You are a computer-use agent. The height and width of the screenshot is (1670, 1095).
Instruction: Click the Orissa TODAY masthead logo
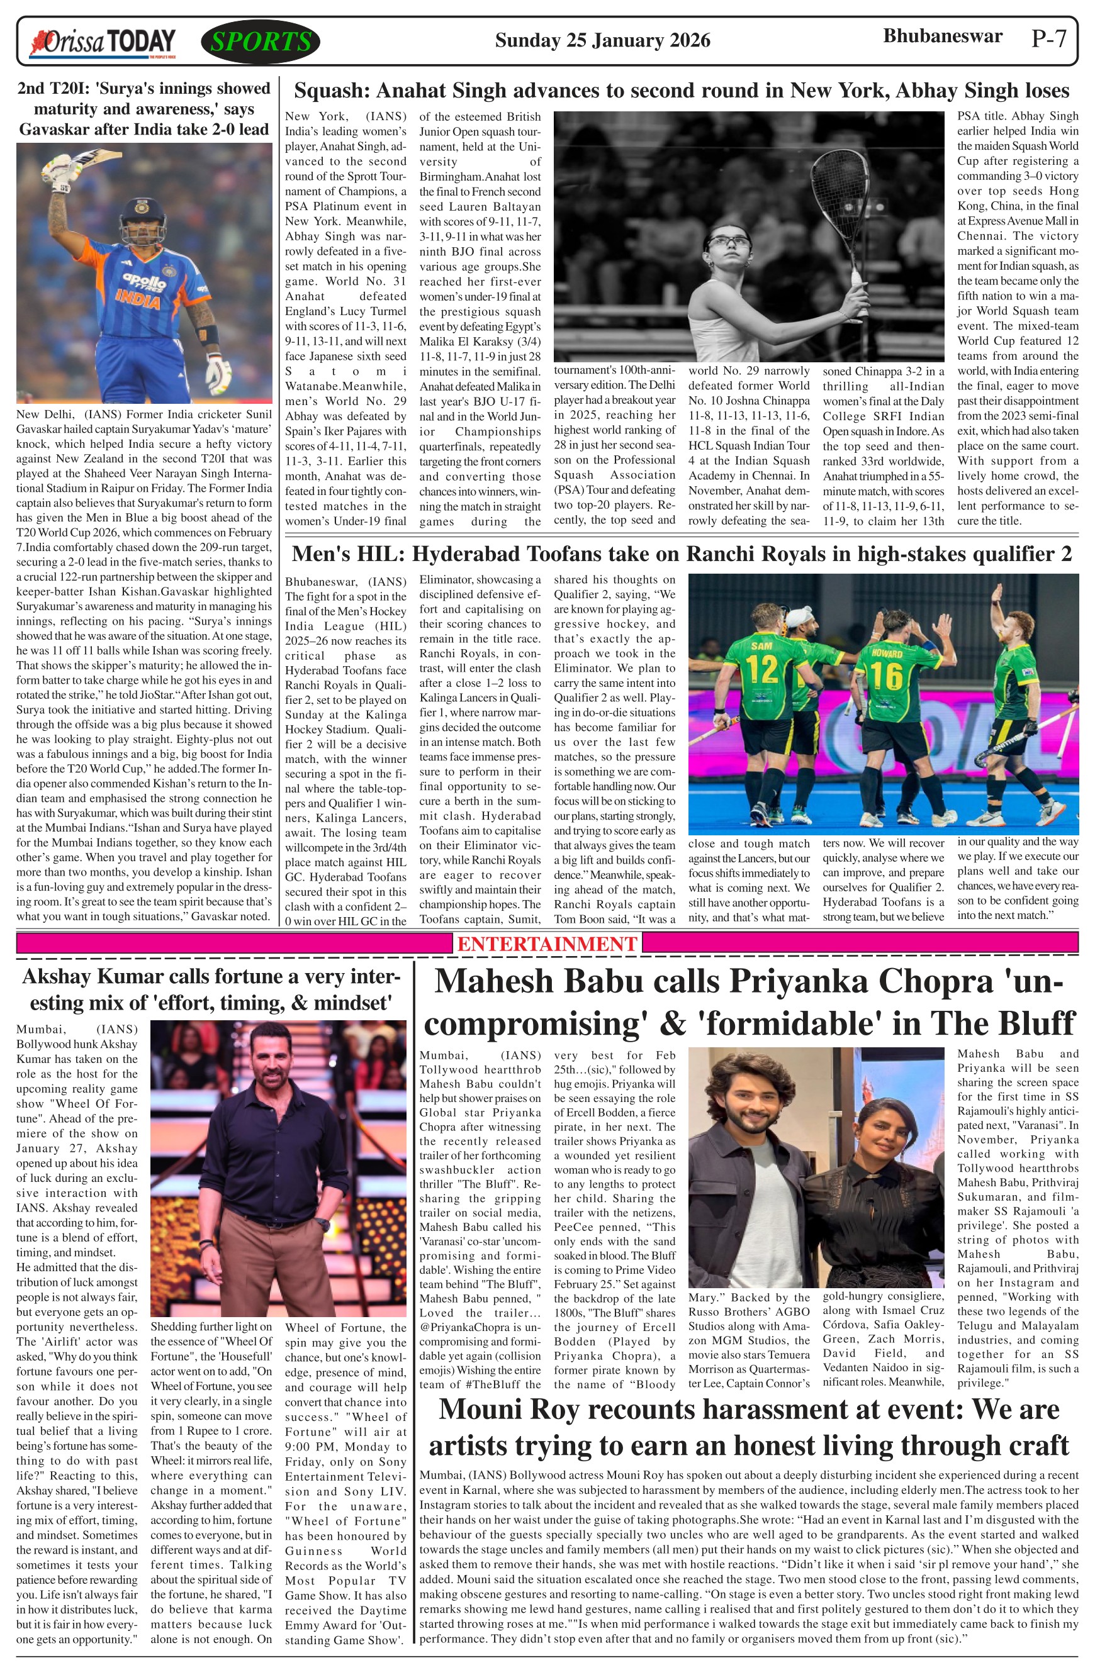pyautogui.click(x=102, y=43)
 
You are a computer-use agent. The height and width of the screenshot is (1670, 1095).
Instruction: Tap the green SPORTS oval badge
pyautogui.click(x=261, y=42)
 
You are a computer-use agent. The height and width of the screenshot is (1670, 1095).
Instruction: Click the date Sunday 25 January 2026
pyautogui.click(x=602, y=40)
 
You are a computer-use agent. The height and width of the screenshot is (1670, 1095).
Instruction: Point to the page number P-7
pyautogui.click(x=1048, y=38)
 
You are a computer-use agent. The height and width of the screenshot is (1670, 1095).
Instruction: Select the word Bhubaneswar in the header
pyautogui.click(x=942, y=36)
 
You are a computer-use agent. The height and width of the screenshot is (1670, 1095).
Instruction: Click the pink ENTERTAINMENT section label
pyautogui.click(x=547, y=943)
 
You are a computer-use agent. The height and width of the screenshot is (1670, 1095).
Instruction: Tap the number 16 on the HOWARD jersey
pyautogui.click(x=887, y=675)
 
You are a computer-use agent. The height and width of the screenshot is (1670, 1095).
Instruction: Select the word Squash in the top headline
pyautogui.click(x=329, y=91)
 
